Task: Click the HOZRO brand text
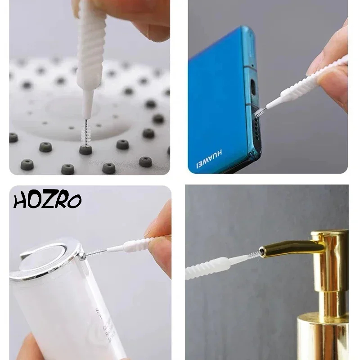(47, 200)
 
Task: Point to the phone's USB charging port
(253, 87)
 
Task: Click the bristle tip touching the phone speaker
(258, 112)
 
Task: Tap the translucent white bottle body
(67, 310)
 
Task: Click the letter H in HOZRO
(21, 200)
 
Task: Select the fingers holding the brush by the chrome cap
(160, 238)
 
